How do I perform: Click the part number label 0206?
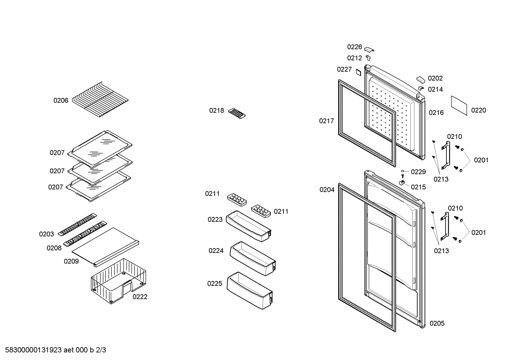[x=61, y=101]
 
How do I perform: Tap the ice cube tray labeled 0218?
[x=237, y=113]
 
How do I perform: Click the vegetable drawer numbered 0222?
[x=118, y=281]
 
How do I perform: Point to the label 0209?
[x=71, y=261]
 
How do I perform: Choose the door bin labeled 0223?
[x=248, y=226]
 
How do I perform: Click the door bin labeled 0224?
[x=253, y=259]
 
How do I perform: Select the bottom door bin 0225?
[x=250, y=290]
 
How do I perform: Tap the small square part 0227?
[x=358, y=72]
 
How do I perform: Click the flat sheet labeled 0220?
[x=459, y=106]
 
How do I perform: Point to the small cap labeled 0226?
[x=369, y=49]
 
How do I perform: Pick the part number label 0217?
[x=327, y=121]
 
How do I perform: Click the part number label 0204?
[x=327, y=190]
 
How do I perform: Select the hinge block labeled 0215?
[x=402, y=183]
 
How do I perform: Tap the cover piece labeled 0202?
[x=421, y=80]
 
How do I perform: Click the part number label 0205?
[x=437, y=323]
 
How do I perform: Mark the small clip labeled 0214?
[x=421, y=88]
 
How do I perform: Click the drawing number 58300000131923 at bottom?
[x=34, y=350]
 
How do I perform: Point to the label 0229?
[x=418, y=172]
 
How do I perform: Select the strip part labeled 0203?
[x=77, y=224]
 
